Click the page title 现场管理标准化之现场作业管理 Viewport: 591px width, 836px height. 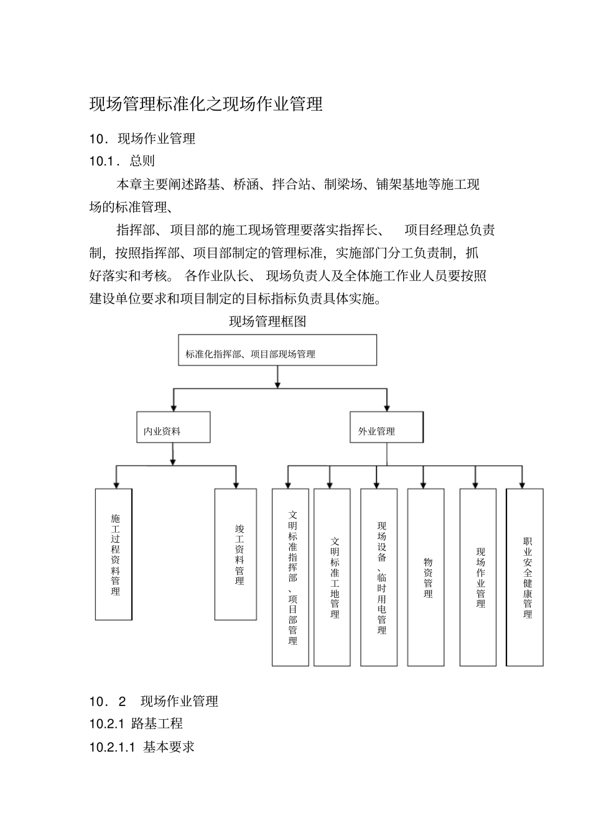(x=206, y=104)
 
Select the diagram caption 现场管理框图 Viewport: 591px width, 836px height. (x=268, y=321)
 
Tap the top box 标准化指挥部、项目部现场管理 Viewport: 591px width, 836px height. (x=277, y=350)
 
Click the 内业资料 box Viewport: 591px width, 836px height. (x=173, y=427)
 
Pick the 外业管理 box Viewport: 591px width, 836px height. (x=386, y=427)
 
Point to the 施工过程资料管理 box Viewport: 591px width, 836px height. (x=114, y=554)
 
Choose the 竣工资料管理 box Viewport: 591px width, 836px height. (x=236, y=554)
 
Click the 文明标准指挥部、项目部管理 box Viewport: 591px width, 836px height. (x=291, y=577)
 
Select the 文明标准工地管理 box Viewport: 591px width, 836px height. (x=332, y=577)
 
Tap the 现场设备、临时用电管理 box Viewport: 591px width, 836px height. (x=379, y=577)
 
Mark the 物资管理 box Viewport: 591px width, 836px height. (x=426, y=577)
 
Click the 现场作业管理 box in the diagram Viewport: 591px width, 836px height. (x=478, y=577)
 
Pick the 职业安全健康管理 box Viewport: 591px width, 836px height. (x=525, y=577)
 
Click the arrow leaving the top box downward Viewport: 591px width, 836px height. (x=277, y=377)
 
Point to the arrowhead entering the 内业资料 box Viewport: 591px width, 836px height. (x=174, y=407)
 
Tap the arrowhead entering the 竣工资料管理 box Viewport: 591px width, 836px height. (x=236, y=484)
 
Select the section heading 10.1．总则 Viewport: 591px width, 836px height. (x=122, y=161)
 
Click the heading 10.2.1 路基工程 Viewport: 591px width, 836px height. (x=136, y=723)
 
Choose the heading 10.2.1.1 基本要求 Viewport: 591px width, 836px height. (x=142, y=746)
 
